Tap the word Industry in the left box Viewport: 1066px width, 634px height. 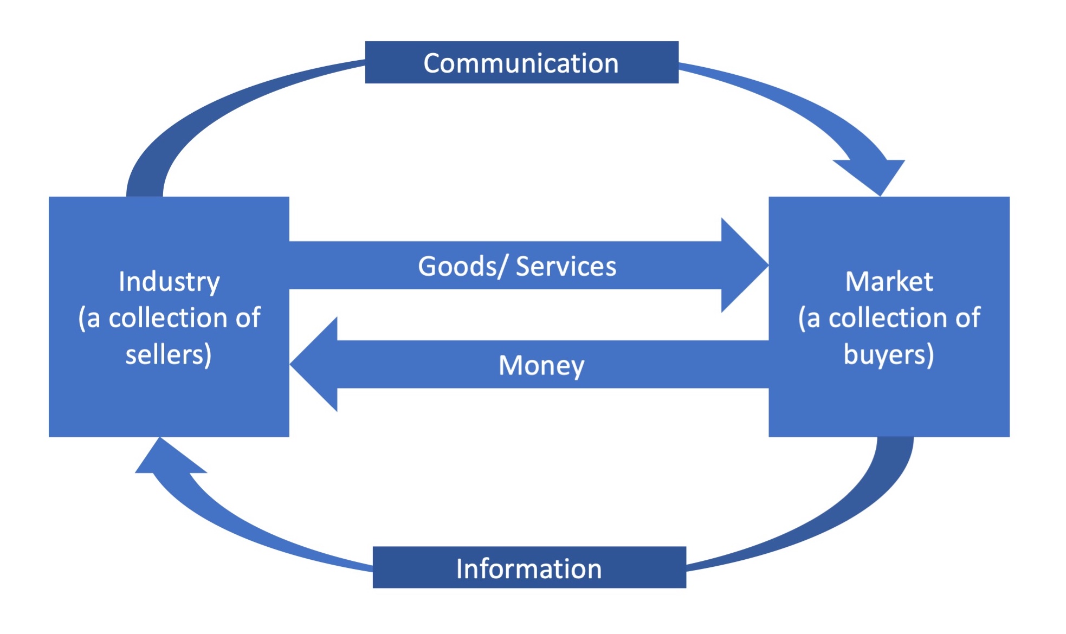pyautogui.click(x=169, y=282)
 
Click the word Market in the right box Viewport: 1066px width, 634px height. pyautogui.click(x=889, y=282)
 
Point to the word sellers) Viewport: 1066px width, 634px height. pyautogui.click(x=169, y=355)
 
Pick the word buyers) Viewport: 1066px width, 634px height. pyautogui.click(x=889, y=355)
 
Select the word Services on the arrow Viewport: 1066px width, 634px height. pyautogui.click(x=566, y=266)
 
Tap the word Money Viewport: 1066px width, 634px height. pyautogui.click(x=541, y=365)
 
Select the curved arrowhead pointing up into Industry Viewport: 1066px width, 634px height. pyautogui.click(x=165, y=458)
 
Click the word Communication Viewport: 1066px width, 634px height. pyautogui.click(x=521, y=63)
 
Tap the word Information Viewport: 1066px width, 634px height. pyautogui.click(x=529, y=568)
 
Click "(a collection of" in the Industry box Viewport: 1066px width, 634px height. pyautogui.click(x=169, y=318)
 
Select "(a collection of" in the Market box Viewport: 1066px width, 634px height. pyautogui.click(x=889, y=318)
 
